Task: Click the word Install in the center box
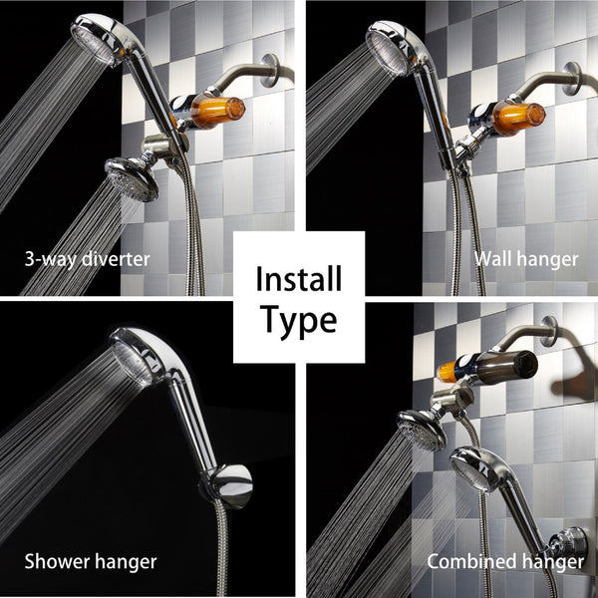click(299, 277)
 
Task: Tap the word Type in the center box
click(299, 320)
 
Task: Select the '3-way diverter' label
click(87, 260)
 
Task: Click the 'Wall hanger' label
click(526, 259)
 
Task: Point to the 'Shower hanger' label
click(91, 561)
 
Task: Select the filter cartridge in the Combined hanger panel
click(488, 366)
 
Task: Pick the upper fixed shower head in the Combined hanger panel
click(423, 429)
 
